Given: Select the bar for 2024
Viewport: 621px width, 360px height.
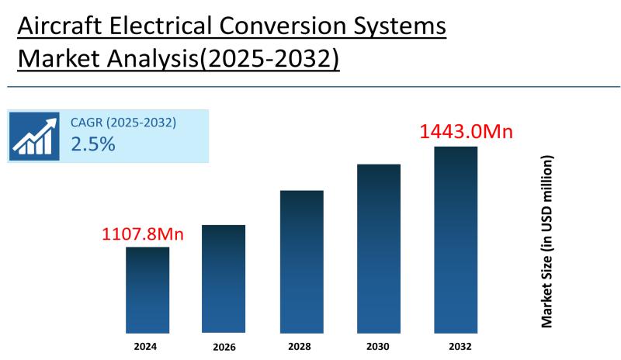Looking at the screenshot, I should (x=147, y=289).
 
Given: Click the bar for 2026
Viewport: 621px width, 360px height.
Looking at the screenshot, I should (x=224, y=279).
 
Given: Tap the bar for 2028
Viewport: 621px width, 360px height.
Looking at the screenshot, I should (x=301, y=261).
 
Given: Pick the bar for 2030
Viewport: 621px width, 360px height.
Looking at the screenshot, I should (x=379, y=248).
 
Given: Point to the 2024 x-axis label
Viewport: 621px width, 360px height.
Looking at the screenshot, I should (x=147, y=345).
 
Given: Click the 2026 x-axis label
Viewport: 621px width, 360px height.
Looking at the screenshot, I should (x=224, y=346).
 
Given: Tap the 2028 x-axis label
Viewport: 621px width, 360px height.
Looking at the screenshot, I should (x=301, y=345).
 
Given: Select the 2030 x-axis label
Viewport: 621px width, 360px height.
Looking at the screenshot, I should (x=379, y=345).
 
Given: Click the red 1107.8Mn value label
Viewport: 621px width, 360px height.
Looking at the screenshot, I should (x=143, y=233).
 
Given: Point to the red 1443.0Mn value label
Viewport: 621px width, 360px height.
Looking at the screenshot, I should (x=466, y=132).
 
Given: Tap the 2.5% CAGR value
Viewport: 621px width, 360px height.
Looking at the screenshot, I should (x=93, y=144).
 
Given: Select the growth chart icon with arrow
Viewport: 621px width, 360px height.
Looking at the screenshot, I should (x=36, y=135).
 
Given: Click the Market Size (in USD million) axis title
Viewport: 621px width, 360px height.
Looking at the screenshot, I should (x=547, y=241).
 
